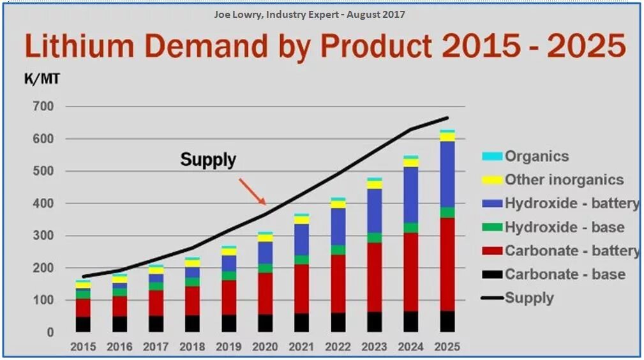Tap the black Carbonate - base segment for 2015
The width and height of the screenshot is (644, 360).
[83, 324]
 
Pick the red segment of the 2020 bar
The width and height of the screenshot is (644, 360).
[265, 293]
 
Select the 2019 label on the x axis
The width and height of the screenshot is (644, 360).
[228, 347]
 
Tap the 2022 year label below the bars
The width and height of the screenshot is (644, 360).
[338, 347]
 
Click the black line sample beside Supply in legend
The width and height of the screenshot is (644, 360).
[491, 298]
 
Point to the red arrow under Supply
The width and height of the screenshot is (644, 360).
[252, 191]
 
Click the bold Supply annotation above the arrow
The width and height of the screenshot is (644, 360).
[208, 159]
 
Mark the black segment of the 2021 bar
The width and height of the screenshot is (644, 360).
[301, 322]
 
